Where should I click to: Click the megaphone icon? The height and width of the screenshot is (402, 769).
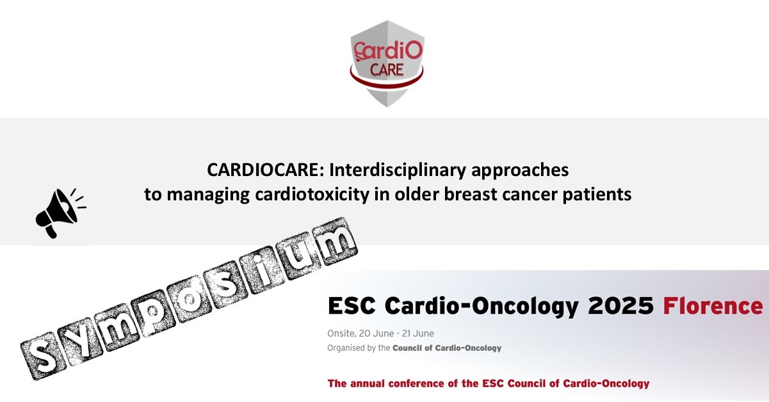click(x=58, y=213)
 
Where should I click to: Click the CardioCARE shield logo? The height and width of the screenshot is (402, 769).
click(x=387, y=63)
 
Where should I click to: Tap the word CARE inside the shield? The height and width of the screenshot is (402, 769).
click(x=387, y=70)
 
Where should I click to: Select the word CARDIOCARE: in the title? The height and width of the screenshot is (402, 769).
click(x=265, y=170)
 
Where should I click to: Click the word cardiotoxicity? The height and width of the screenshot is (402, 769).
click(x=312, y=195)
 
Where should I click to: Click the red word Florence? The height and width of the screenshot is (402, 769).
click(x=713, y=305)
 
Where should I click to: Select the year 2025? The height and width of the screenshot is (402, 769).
click(x=620, y=305)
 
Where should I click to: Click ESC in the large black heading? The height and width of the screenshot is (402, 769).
click(x=352, y=305)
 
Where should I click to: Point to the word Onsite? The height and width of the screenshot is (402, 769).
click(x=341, y=334)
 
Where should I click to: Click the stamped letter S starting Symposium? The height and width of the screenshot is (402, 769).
click(x=43, y=357)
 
